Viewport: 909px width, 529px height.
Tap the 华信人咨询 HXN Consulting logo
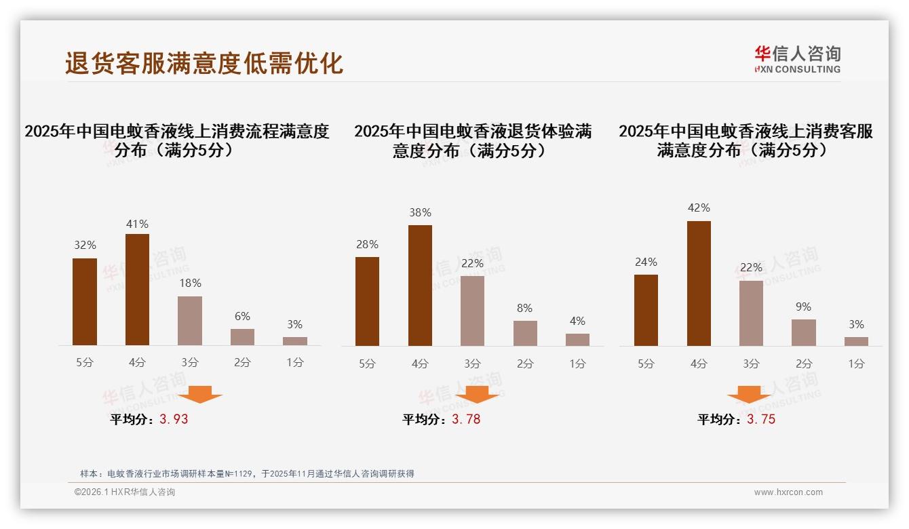coord(797,59)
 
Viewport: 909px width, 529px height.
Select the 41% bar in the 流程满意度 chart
coord(137,290)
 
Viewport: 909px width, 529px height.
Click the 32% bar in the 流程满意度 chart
coord(85,302)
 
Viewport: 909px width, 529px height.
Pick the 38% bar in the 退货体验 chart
coord(420,286)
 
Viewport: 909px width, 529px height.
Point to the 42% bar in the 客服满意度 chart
coord(699,283)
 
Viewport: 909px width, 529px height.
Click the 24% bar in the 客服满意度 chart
coord(646,310)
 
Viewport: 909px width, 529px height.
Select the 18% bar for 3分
coord(190,321)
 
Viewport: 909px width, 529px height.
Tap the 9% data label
coord(803,307)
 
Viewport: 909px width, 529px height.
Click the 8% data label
coord(524,308)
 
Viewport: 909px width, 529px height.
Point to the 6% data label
coord(242,316)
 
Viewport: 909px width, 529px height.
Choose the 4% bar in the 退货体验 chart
coord(577,339)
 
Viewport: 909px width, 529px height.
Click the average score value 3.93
coord(174,419)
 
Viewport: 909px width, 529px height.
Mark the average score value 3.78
coord(466,419)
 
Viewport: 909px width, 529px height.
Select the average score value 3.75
coord(761,419)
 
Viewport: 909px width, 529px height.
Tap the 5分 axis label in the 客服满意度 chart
coord(646,364)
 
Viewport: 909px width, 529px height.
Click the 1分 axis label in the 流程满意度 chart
coord(295,362)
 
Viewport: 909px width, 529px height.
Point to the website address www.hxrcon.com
coord(788,492)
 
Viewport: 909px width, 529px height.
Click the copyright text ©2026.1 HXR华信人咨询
coord(125,492)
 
